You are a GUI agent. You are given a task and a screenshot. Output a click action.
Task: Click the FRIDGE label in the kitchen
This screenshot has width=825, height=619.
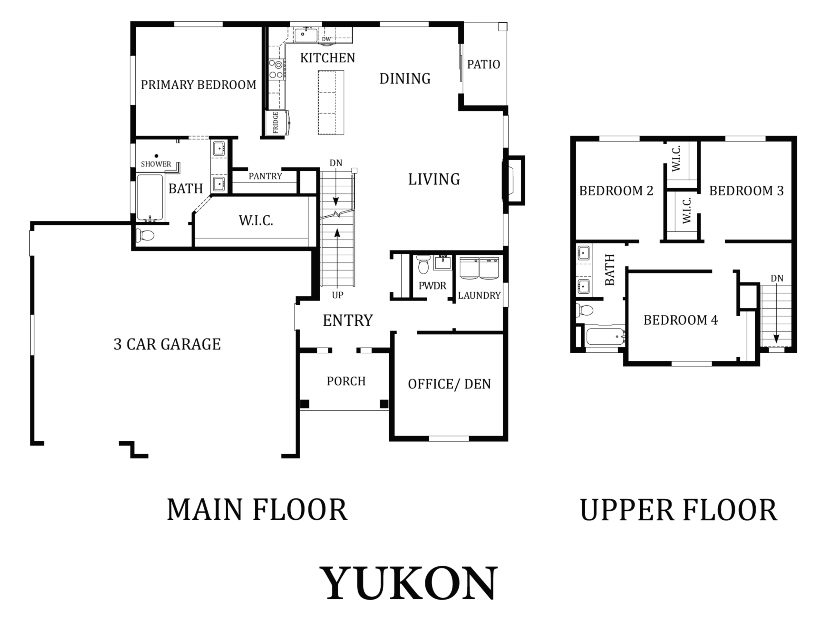276,123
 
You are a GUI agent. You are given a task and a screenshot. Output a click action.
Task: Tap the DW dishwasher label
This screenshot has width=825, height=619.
326,39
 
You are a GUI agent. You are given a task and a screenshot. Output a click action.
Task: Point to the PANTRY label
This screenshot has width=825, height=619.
265,176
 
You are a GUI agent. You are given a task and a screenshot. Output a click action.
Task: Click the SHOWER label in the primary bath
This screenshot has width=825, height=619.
156,164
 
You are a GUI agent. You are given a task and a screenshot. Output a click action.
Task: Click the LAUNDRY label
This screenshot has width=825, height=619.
479,296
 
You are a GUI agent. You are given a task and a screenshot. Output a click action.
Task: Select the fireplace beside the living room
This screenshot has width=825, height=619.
514,180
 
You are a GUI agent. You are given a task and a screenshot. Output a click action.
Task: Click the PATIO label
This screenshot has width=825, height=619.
483,64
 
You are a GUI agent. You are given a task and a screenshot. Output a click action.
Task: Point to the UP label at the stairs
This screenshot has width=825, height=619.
337,295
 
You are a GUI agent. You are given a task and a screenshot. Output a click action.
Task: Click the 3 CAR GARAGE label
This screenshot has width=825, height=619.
167,344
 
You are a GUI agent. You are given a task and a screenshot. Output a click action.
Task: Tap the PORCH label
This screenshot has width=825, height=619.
346,381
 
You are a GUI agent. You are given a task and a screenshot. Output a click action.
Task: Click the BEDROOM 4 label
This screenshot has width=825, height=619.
681,320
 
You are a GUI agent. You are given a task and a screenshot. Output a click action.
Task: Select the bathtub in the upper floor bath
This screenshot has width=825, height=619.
605,336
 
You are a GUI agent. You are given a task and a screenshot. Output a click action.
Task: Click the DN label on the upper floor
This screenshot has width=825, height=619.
777,278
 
